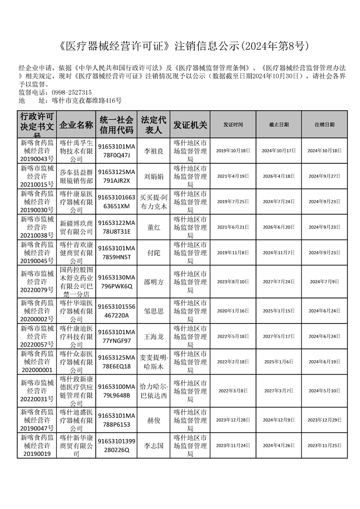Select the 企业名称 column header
point(76,124)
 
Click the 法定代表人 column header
point(153,124)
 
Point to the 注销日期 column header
point(325,124)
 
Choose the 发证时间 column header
point(233,124)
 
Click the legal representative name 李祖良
point(153,151)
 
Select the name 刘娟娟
point(153,176)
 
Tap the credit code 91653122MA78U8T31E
point(117,227)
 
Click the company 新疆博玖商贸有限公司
point(76,227)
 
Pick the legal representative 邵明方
point(153,282)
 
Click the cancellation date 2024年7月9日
point(325,282)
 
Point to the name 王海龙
point(153,337)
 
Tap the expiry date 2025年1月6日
point(279,362)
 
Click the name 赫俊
point(153,420)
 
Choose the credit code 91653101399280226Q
point(117,445)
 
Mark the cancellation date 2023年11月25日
point(325,445)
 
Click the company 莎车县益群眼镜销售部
point(76,176)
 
